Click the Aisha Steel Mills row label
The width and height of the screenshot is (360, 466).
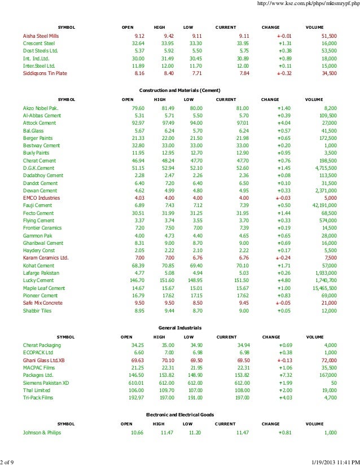coord(41,36)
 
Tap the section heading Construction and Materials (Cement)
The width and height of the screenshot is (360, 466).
coord(179,90)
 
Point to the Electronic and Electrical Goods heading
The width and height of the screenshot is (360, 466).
coord(180,415)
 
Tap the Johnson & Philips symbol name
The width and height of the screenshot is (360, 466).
coord(42,433)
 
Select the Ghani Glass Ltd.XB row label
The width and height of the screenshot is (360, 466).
coord(44,359)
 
